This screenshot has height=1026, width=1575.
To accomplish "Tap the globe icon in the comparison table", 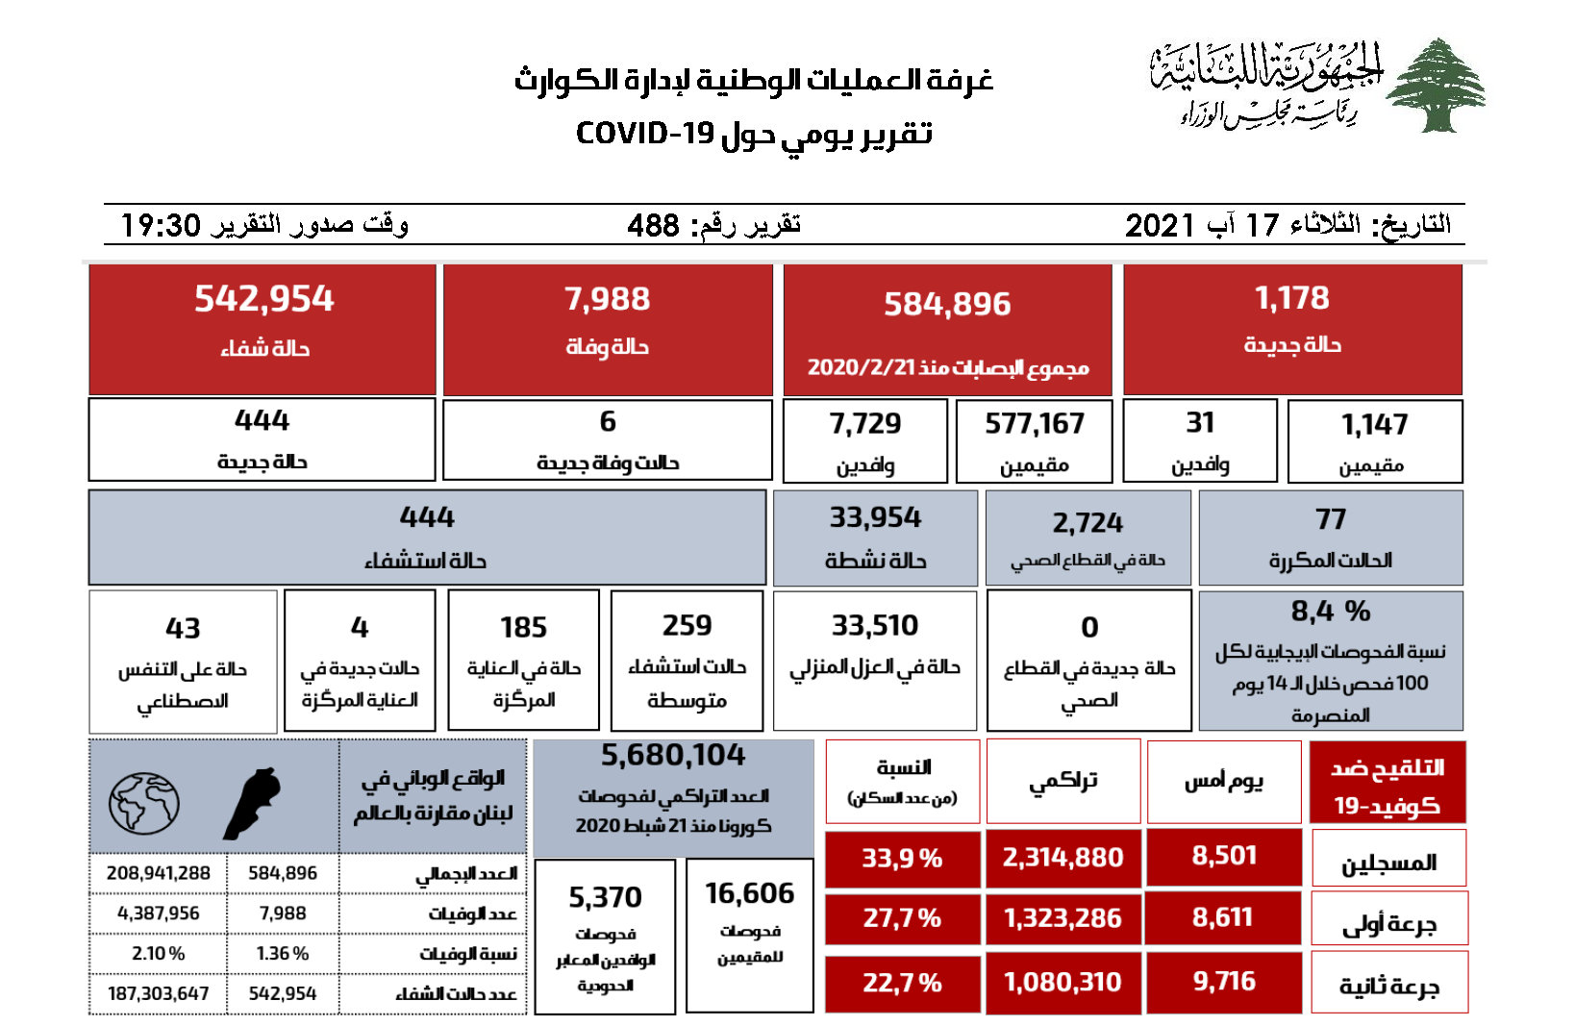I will click(x=144, y=803).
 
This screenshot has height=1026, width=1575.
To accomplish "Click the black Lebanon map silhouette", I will click(x=252, y=803).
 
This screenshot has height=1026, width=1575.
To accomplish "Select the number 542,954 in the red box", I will click(x=263, y=299).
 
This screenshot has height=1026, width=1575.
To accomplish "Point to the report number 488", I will click(x=653, y=226).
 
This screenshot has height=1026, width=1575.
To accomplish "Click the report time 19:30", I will click(x=161, y=226).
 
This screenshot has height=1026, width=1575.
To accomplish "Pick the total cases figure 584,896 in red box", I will click(x=947, y=305).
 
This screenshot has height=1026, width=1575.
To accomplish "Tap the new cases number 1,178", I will click(x=1291, y=299).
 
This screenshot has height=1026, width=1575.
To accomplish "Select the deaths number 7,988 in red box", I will click(x=607, y=299).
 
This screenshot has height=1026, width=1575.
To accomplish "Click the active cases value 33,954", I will click(x=875, y=518).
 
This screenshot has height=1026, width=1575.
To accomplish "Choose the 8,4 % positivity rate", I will click(x=1330, y=612).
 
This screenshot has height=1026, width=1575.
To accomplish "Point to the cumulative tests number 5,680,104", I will click(x=673, y=756).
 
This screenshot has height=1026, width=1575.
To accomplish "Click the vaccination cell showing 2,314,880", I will click(x=1062, y=858).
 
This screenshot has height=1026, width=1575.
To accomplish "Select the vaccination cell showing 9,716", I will click(x=1224, y=982).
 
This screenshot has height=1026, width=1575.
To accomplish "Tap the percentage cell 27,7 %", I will click(x=902, y=918).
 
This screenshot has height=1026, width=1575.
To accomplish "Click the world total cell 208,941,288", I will click(x=159, y=873).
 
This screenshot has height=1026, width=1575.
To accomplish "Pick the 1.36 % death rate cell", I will click(x=283, y=954).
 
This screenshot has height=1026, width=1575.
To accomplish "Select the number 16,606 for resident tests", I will click(x=750, y=894).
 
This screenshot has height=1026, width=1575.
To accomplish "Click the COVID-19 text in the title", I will click(x=644, y=134).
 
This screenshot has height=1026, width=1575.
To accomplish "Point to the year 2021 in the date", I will click(x=1160, y=226).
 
